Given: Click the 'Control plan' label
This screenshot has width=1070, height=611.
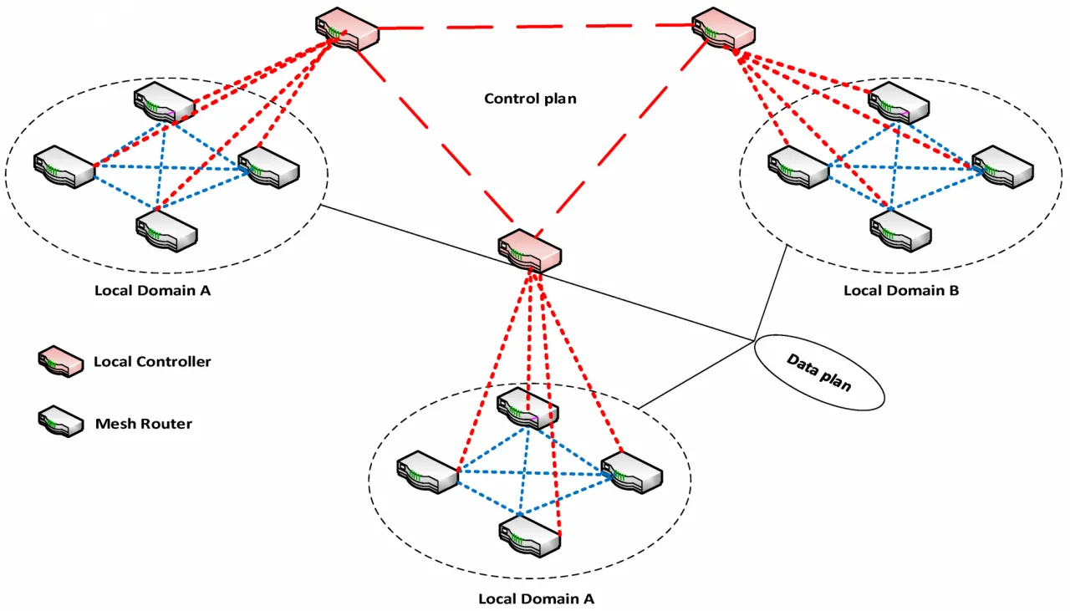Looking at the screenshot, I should point(530,99).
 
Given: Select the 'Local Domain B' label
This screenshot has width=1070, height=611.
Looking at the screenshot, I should point(901,291).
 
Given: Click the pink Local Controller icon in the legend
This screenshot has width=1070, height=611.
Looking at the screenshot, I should point(60,362).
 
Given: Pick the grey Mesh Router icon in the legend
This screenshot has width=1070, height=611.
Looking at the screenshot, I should point(60,421).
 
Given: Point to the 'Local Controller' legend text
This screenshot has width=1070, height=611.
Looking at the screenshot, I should point(152,362).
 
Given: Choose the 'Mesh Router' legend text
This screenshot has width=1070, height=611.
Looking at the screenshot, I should point(144,424).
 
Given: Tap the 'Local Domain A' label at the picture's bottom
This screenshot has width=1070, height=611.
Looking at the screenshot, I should point(536,598).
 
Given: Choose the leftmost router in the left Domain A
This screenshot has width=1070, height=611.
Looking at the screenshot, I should point(64,167).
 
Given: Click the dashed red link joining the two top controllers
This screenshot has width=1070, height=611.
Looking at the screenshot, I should point(535,27).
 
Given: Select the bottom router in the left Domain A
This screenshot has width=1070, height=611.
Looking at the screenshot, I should point(167,229).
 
